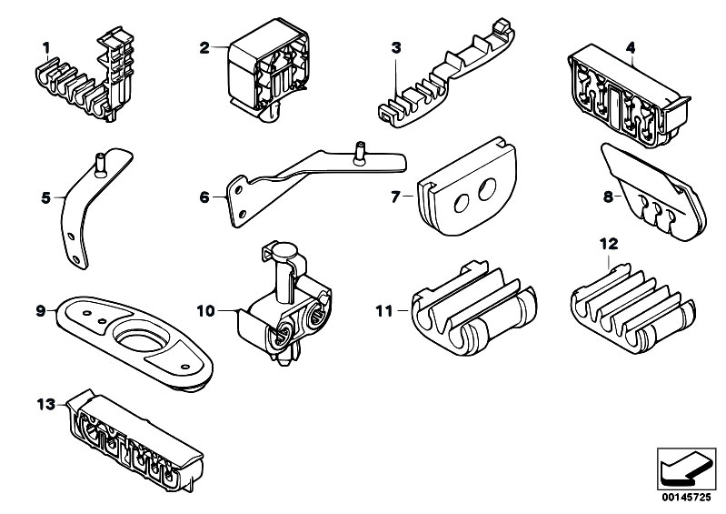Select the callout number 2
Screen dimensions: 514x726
205,45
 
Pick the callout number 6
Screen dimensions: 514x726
205,194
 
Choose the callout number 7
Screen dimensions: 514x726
395,194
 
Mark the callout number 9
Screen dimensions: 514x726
40,310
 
